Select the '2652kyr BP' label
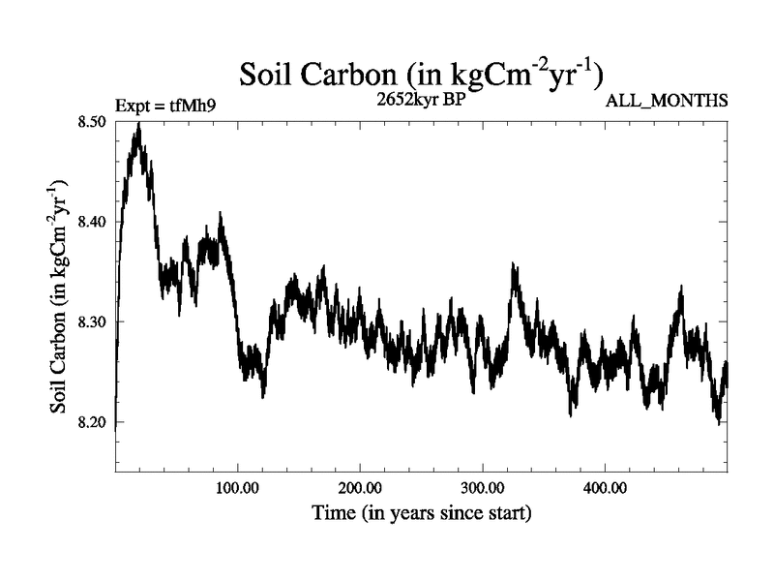click(x=420, y=99)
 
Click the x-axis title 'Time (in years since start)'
click(x=421, y=512)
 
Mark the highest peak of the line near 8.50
click(x=139, y=124)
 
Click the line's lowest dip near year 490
click(x=718, y=422)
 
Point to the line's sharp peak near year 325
click(x=514, y=264)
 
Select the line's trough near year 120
click(x=262, y=396)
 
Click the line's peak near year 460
click(x=681, y=288)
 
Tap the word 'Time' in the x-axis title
click(x=332, y=512)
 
